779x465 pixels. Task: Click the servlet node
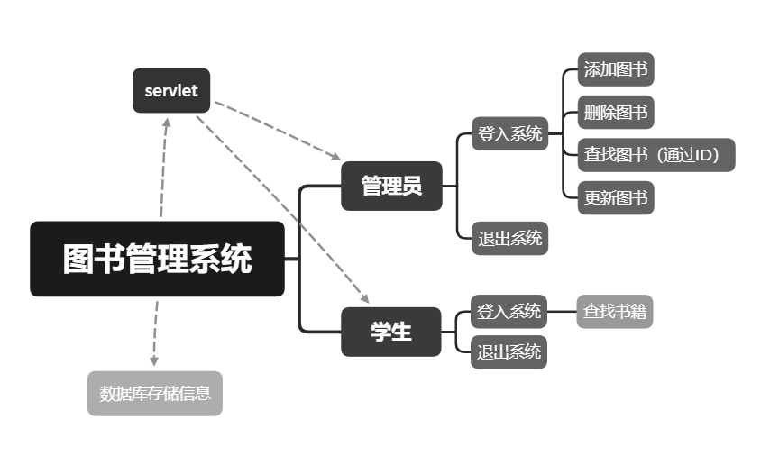pos(171,90)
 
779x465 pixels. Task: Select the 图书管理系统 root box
pos(157,259)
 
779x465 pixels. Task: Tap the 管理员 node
pos(391,186)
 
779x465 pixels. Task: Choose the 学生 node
pos(391,332)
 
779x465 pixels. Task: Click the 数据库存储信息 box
pos(155,393)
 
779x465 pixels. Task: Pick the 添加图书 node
pos(616,69)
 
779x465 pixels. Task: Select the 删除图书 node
pos(616,113)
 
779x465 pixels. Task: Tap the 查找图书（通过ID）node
pos(656,154)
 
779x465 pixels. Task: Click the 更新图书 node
pos(616,197)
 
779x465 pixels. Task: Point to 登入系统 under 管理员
pos(510,134)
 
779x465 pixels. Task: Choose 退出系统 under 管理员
pos(510,239)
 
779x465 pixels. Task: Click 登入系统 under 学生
pos(509,312)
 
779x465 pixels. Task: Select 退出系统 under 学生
pos(509,351)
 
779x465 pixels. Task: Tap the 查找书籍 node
pos(615,312)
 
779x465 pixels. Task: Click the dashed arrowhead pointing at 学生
pos(365,298)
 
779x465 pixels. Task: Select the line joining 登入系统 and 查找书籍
pos(562,312)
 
